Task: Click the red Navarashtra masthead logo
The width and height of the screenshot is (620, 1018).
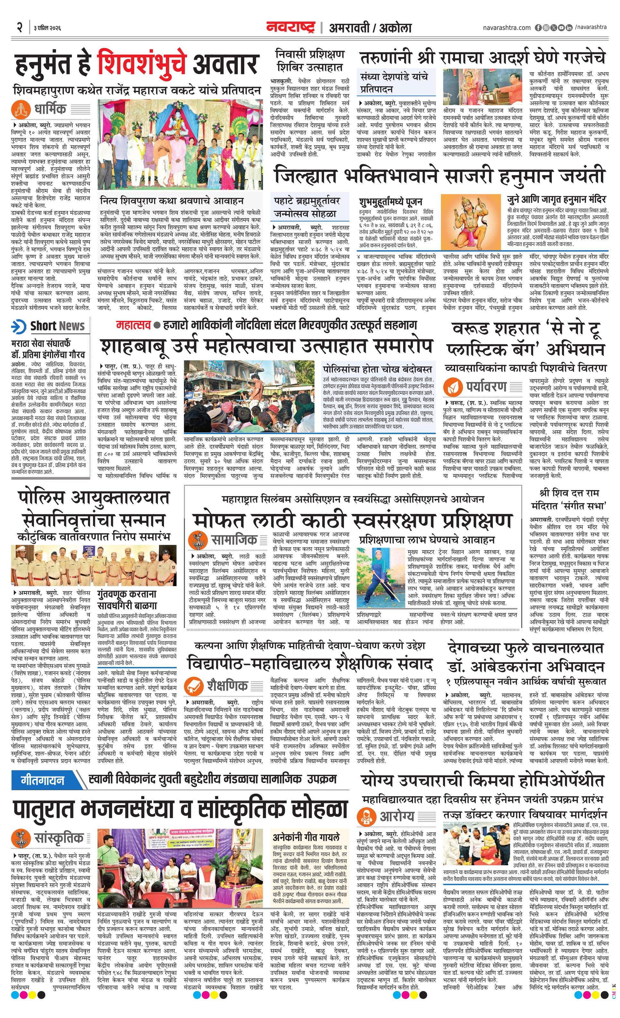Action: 290,27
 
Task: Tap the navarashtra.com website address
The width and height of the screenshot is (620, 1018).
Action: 507,28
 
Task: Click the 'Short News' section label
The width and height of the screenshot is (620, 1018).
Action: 57,326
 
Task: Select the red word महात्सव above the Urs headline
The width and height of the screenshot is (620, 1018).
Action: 133,325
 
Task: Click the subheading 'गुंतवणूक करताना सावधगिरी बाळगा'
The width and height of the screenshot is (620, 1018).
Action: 127,600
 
